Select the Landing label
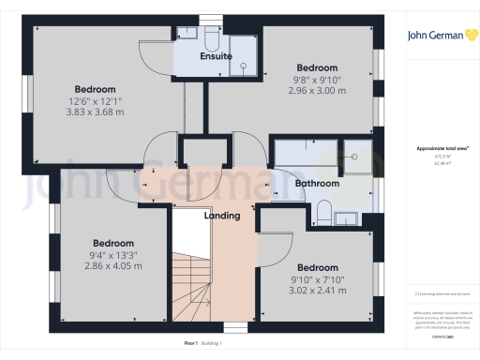[222, 216]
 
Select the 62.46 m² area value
[437, 162]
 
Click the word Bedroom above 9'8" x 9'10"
[317, 68]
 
